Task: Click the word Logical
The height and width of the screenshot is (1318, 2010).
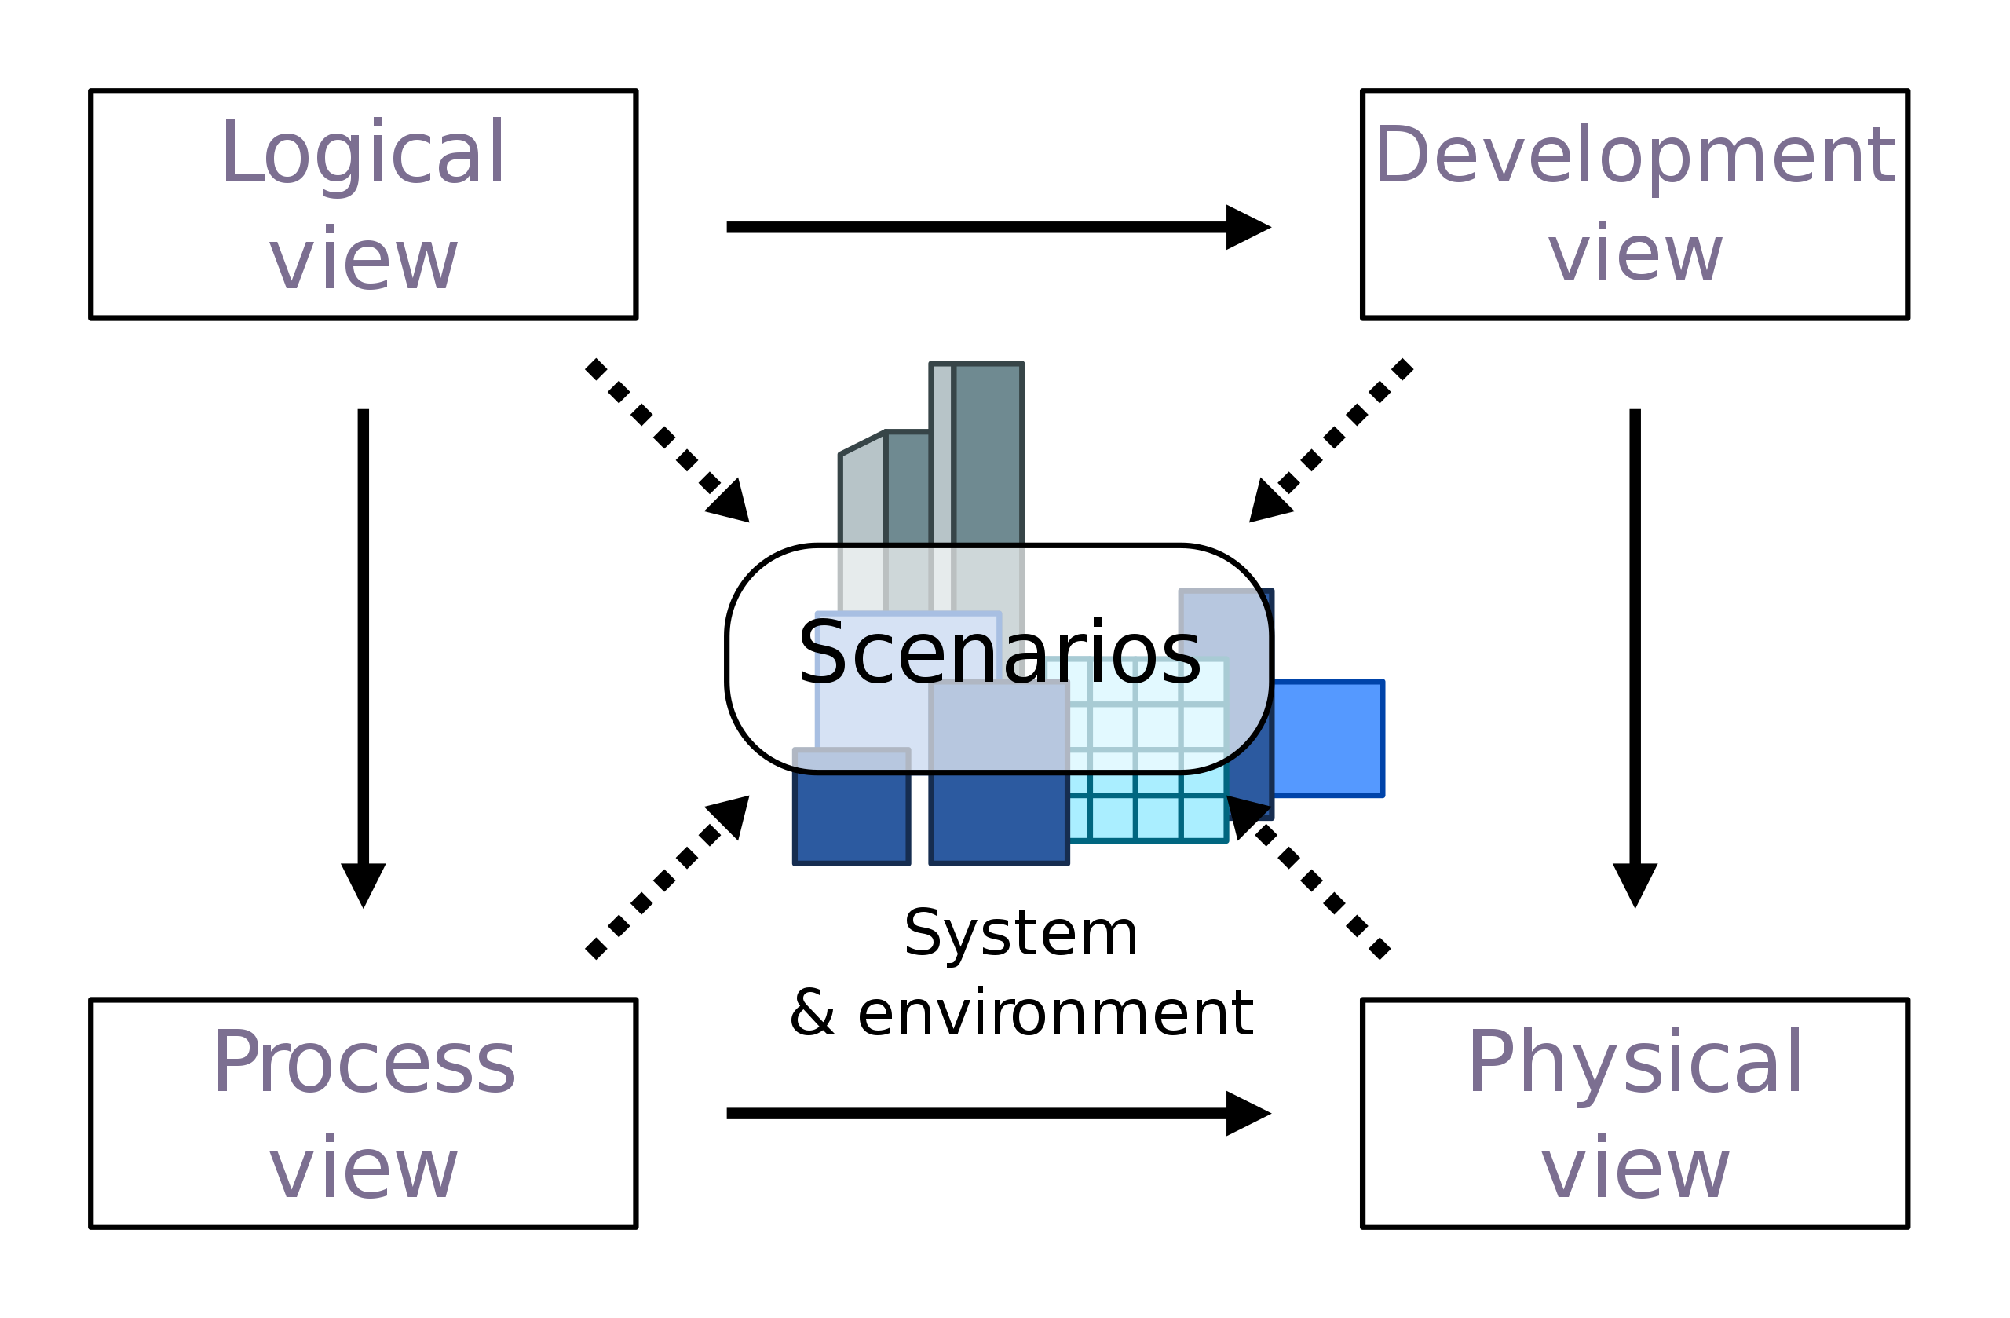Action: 364,154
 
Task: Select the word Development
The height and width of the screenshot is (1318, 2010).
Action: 1635,156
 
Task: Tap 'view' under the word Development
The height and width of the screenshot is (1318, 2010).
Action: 1635,254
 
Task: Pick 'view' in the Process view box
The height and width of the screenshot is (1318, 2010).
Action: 364,1170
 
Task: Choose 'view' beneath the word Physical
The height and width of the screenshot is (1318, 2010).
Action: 1635,1170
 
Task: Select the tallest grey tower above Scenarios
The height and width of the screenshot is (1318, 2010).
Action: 987,452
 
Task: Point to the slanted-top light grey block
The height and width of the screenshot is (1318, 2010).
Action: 862,499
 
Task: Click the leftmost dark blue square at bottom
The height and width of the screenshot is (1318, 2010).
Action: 851,817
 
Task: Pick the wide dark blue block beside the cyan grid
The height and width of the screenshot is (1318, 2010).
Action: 999,817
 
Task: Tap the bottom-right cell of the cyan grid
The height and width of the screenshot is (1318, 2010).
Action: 1204,817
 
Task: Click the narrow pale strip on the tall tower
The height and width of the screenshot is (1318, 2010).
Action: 941,452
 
